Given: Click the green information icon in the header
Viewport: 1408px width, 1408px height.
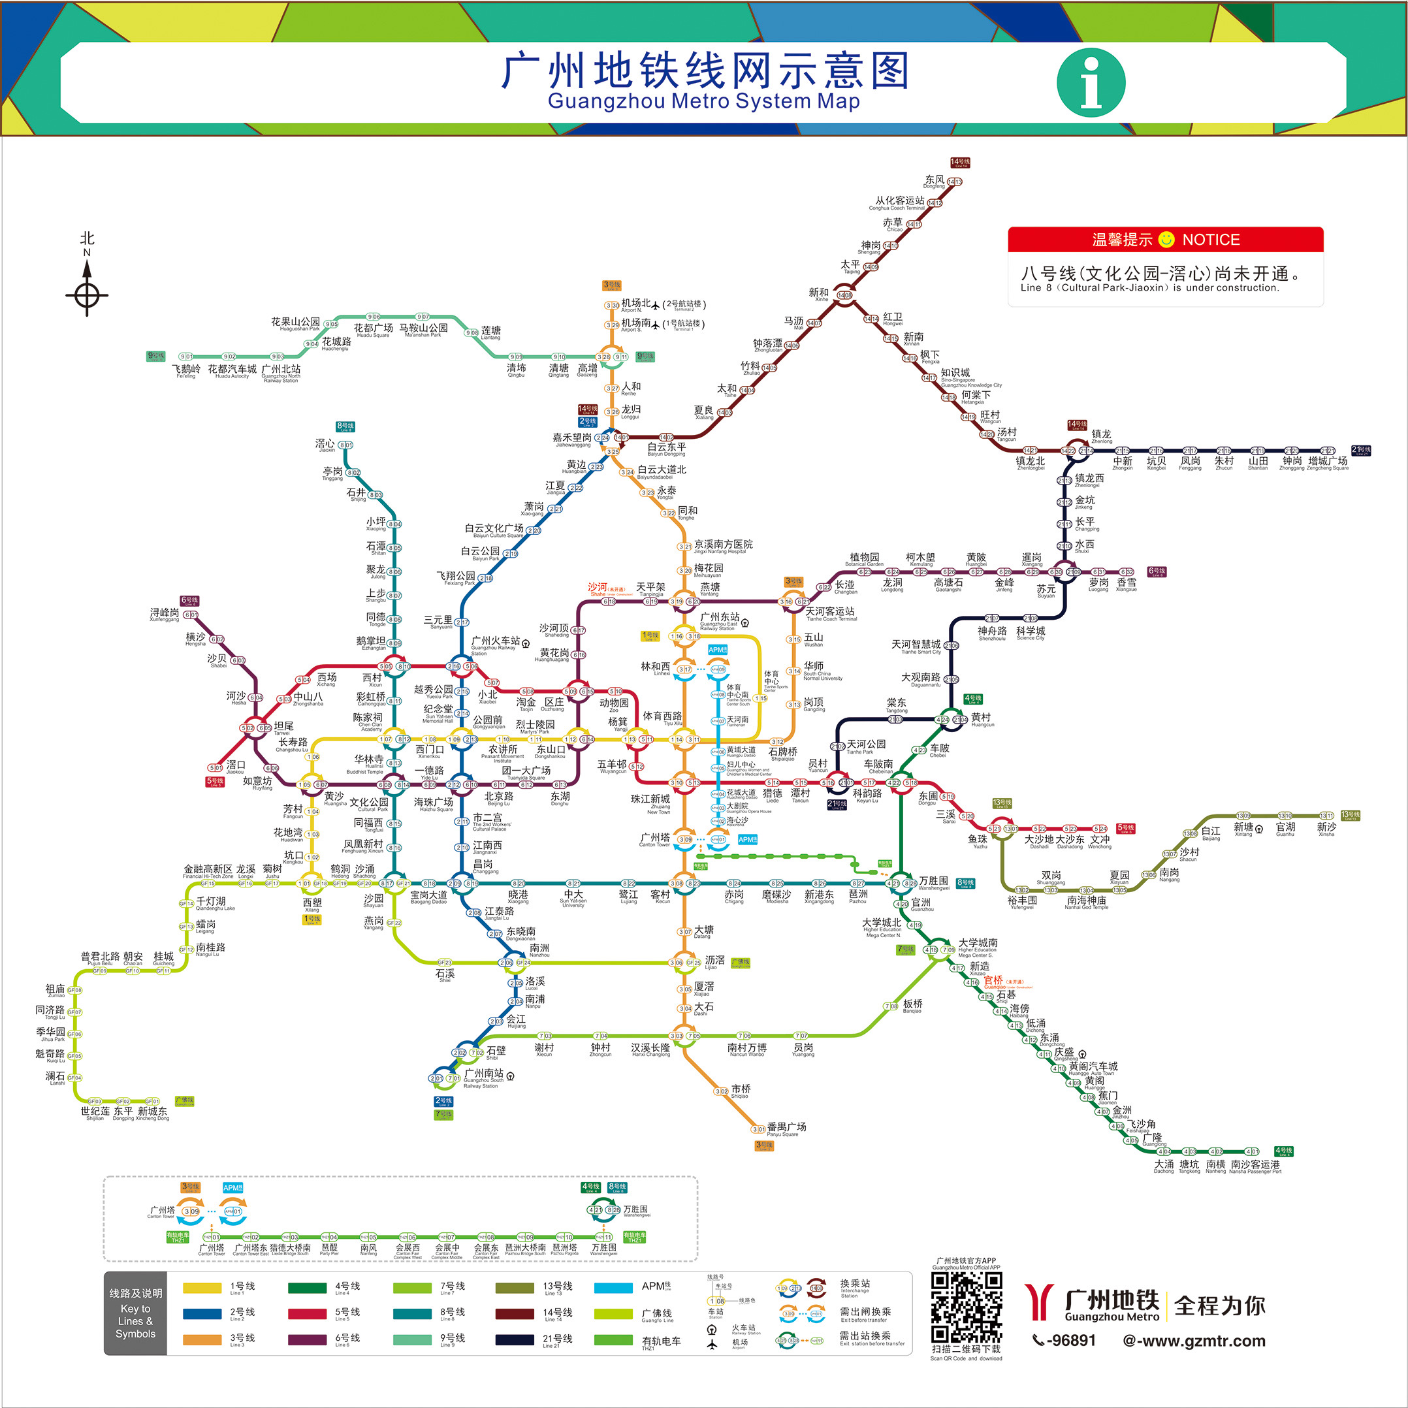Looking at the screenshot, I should [1091, 82].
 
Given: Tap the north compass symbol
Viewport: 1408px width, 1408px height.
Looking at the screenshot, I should [88, 288].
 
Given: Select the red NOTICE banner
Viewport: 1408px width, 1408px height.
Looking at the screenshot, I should [1164, 240].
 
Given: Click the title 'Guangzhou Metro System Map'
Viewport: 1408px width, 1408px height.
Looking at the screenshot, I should [703, 101].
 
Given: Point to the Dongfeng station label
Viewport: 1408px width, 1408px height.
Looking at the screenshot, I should [935, 182].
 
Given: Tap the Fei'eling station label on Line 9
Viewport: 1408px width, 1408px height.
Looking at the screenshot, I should [186, 371].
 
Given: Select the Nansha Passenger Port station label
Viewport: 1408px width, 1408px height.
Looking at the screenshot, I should [1255, 1167].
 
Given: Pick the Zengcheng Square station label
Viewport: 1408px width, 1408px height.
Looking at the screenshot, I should [1328, 463].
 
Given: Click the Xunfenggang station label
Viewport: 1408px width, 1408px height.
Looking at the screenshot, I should [164, 615].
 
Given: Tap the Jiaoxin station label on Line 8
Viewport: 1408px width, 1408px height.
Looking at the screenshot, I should [325, 445].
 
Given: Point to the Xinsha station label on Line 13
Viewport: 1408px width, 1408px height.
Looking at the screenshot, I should [1326, 829].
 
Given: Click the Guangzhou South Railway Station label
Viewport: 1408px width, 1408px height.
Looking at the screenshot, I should [484, 1077].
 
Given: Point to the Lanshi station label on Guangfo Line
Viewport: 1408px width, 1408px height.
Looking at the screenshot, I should [56, 1077].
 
